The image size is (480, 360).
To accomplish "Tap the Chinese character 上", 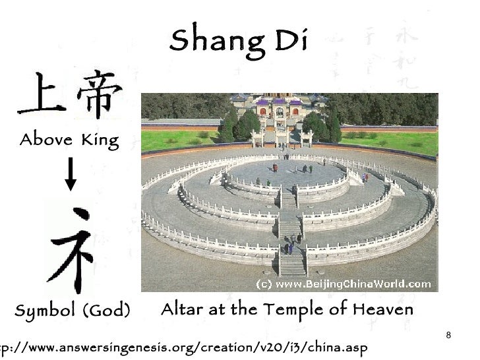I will [41, 96].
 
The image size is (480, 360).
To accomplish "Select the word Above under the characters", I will [45, 140].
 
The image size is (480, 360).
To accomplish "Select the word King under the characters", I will [100, 140].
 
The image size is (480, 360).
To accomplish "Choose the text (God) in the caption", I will [105, 311].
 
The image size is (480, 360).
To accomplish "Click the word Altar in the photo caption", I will [181, 309].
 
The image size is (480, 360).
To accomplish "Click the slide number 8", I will [448, 336].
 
